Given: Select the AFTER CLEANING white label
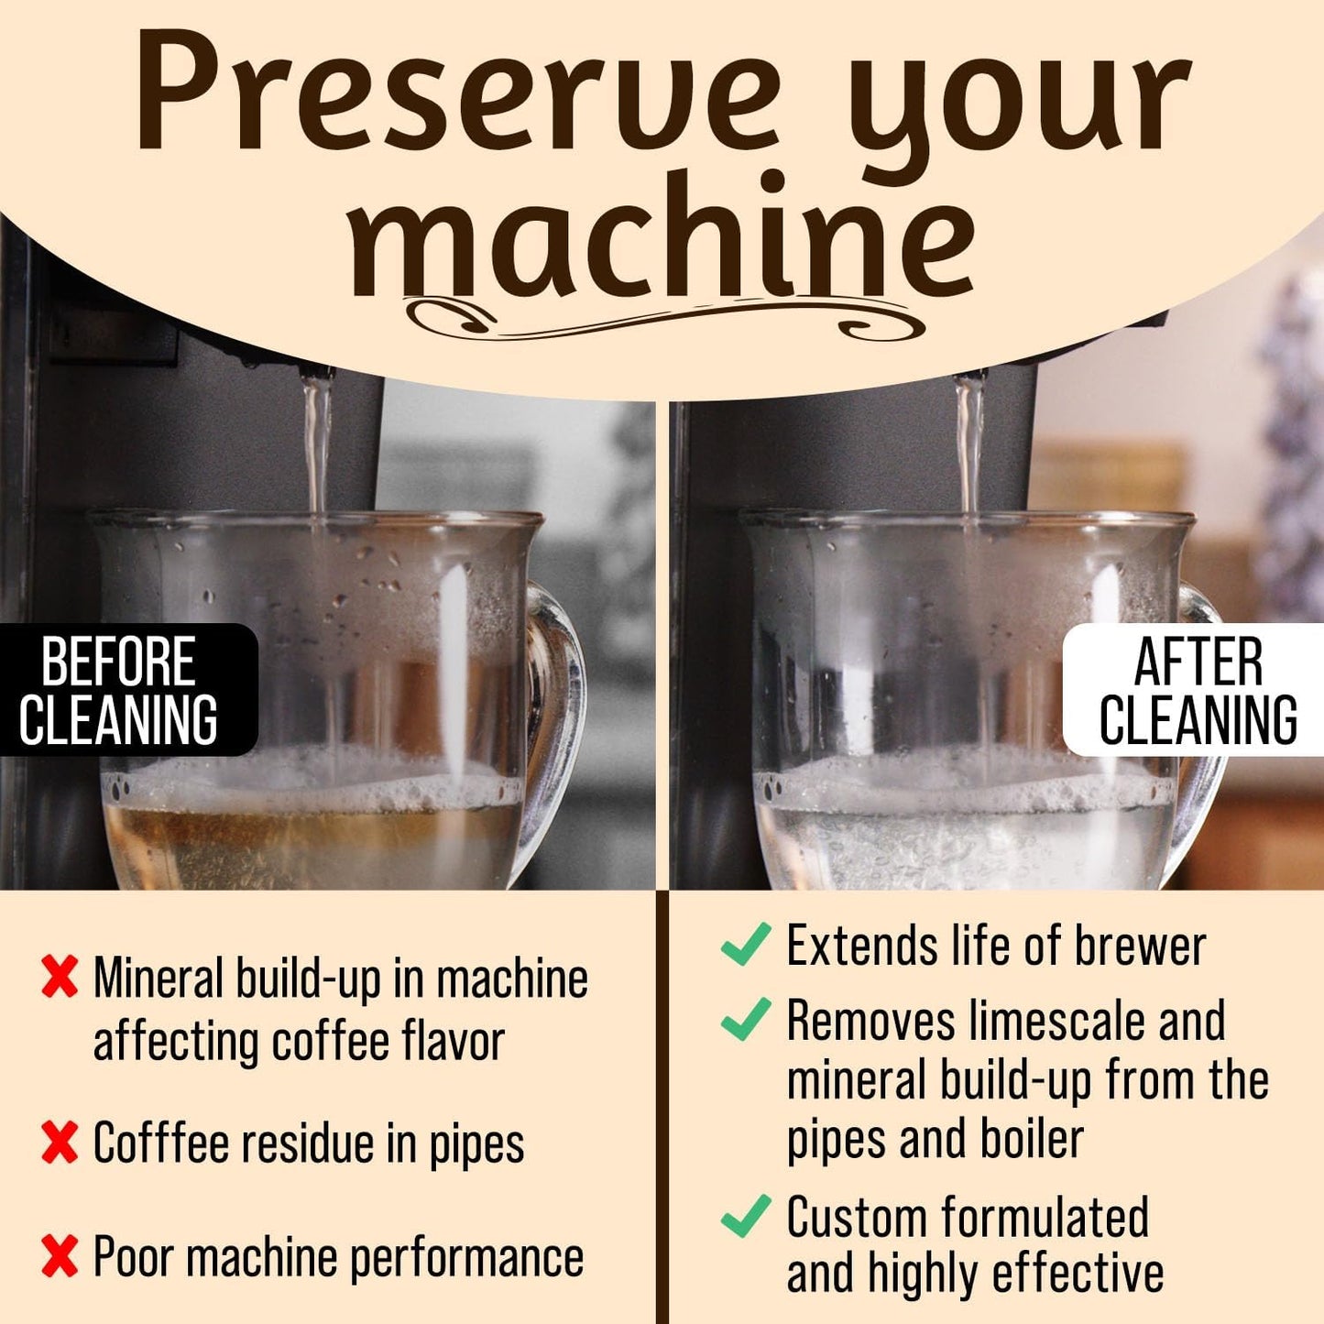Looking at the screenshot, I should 1197,690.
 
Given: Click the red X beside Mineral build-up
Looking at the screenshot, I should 60,978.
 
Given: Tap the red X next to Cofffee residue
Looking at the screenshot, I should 60,1143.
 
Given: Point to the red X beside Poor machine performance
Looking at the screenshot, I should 60,1256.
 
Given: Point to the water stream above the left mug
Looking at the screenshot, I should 317,440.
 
